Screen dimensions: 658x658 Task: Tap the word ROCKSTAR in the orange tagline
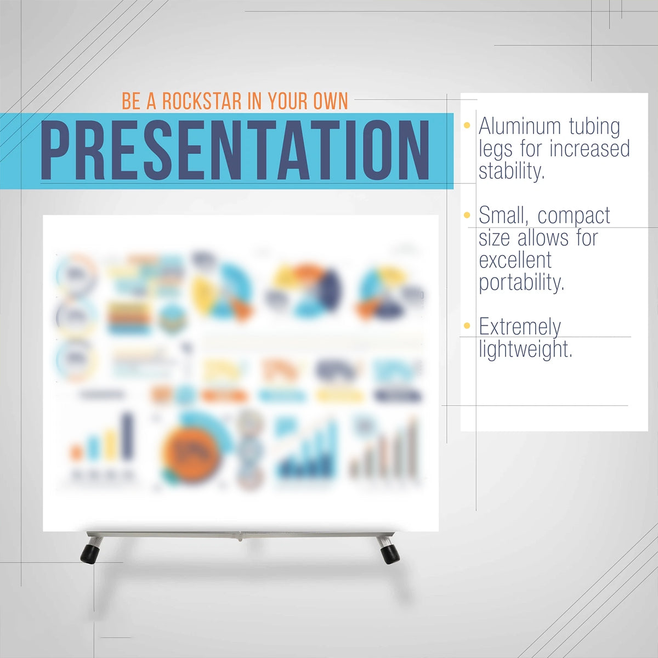[x=202, y=101]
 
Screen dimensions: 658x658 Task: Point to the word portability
[x=521, y=283]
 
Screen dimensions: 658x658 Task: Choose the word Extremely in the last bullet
[x=519, y=327]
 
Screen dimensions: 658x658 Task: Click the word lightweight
[x=525, y=349]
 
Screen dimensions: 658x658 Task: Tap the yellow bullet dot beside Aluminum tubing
[x=467, y=126]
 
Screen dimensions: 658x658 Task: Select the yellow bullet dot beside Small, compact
[x=467, y=215]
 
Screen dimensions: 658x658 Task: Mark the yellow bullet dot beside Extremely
[x=467, y=326]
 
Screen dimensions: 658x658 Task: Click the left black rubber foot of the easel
[x=89, y=552]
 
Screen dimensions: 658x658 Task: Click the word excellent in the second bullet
[x=515, y=260]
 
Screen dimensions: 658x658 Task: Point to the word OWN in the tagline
[x=330, y=101]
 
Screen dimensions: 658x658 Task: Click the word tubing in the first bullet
[x=594, y=127]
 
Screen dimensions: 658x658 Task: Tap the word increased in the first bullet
[x=590, y=149]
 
